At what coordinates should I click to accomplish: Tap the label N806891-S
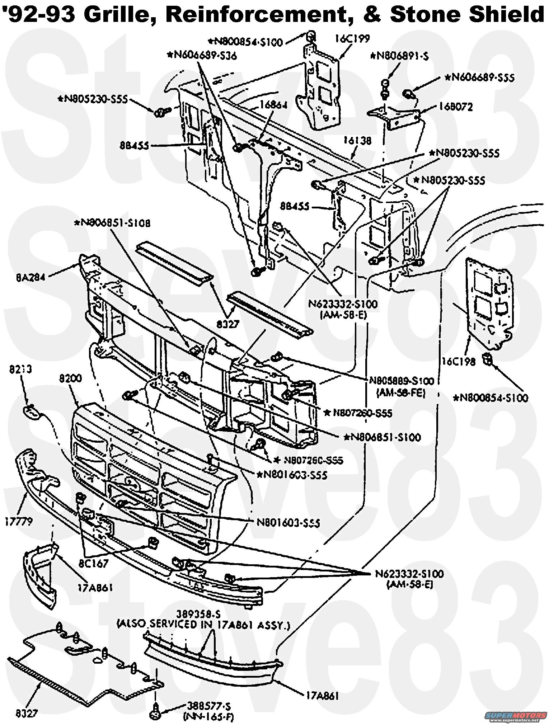pyautogui.click(x=400, y=56)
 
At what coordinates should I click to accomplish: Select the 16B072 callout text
pyautogui.click(x=455, y=107)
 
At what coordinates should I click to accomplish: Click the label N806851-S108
pyautogui.click(x=112, y=223)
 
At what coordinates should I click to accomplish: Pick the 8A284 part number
pyautogui.click(x=30, y=277)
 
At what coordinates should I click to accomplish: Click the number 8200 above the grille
pyautogui.click(x=71, y=378)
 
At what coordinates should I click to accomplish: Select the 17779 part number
pyautogui.click(x=19, y=521)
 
